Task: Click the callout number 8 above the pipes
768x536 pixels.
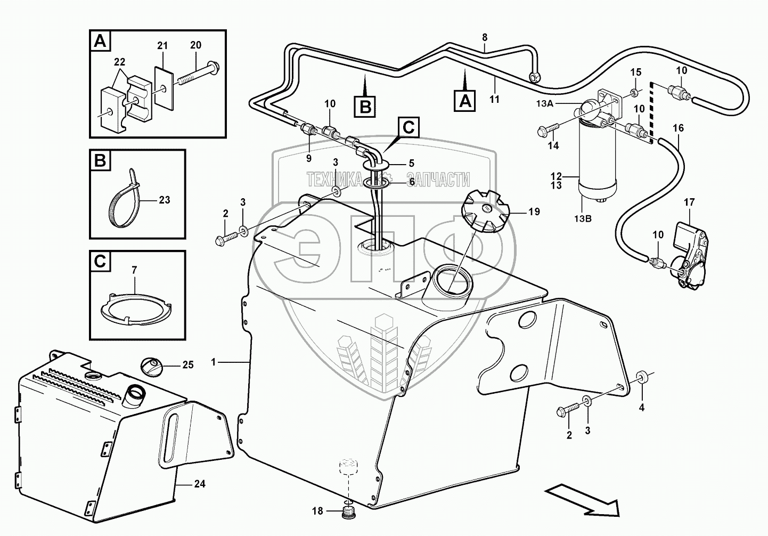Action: coord(484,37)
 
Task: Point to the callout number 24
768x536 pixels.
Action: coord(200,484)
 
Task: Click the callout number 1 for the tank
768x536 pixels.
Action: coord(214,362)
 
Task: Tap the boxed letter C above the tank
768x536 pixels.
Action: coord(407,128)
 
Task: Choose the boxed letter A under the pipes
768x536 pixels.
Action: coord(465,101)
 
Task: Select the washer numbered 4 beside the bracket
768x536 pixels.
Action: coord(641,378)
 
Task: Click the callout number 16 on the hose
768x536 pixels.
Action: coord(678,128)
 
